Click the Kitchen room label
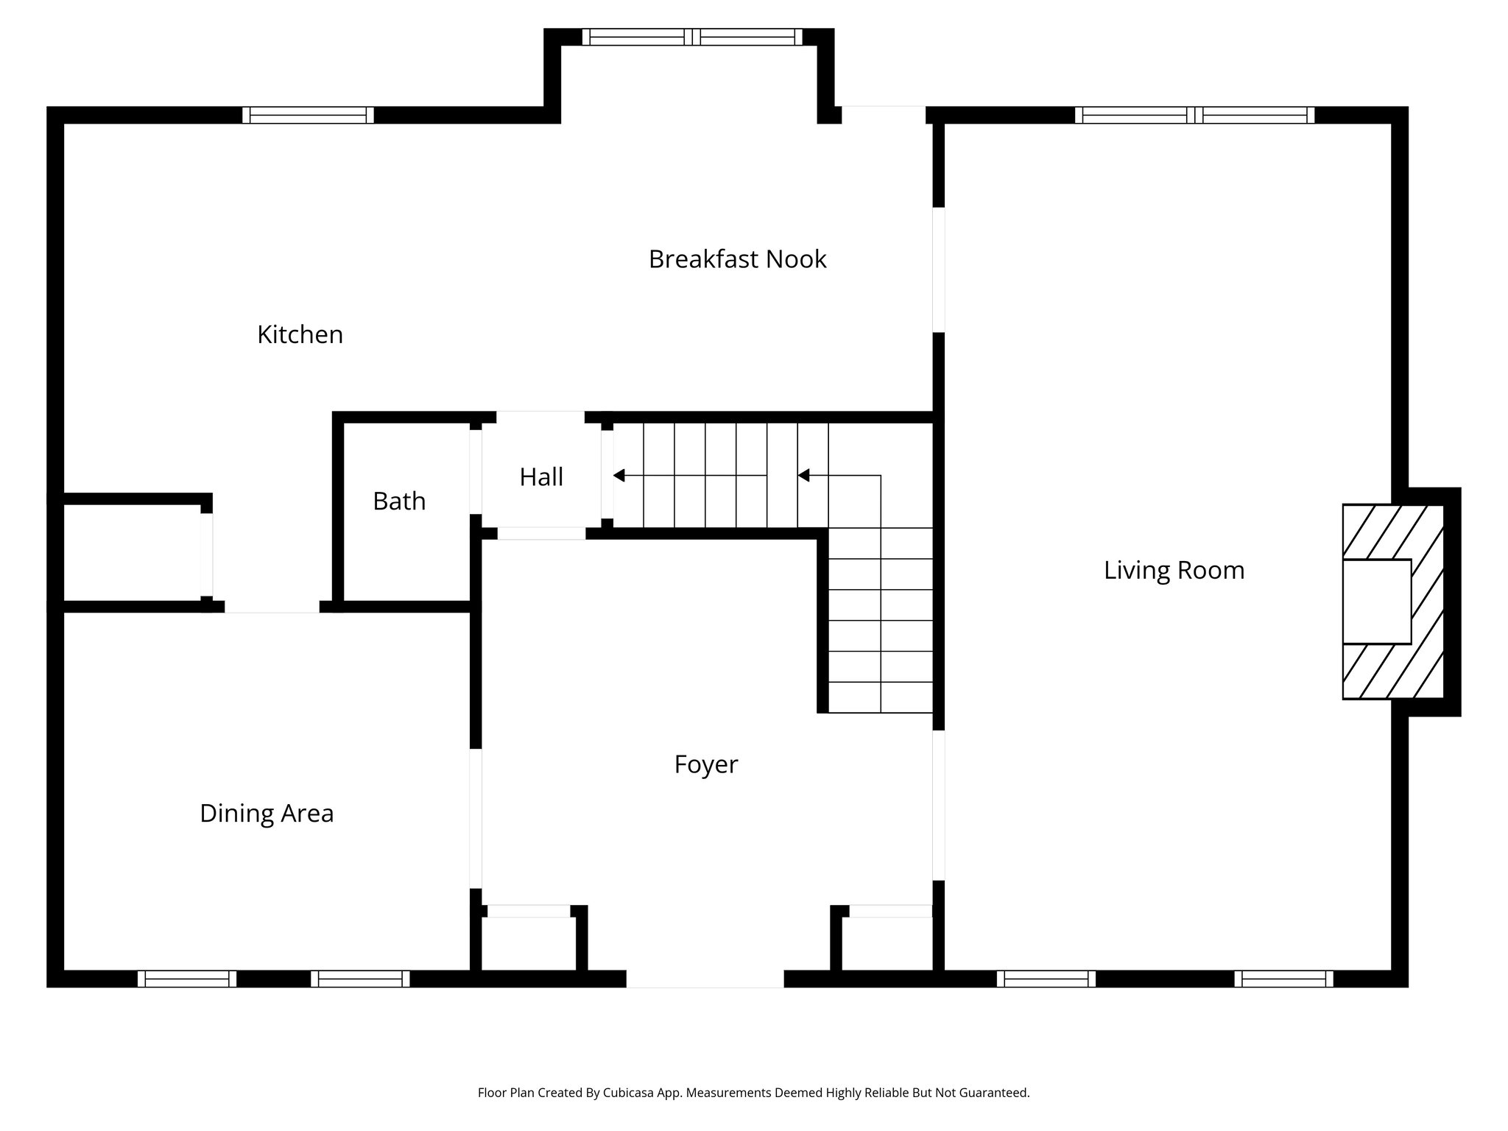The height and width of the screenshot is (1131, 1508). pos(300,335)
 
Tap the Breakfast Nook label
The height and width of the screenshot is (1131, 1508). pos(737,259)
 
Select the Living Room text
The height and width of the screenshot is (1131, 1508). pos(1174,571)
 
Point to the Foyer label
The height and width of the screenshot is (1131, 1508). pos(705,764)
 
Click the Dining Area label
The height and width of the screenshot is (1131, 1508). pos(267,814)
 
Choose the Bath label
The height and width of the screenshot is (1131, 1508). pos(399,501)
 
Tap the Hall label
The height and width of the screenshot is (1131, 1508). pos(541,477)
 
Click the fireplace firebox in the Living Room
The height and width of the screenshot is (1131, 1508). pos(1376,602)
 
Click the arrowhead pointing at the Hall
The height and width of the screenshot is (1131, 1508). pos(619,476)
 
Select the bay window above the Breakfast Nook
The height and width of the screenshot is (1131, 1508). pos(692,37)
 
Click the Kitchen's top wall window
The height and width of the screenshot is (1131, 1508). pos(308,115)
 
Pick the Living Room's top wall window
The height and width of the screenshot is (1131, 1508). pos(1194,115)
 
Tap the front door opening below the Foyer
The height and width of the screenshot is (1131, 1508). pos(705,979)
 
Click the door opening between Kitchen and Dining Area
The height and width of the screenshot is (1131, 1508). pos(272,607)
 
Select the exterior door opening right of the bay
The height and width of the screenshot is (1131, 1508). pos(883,115)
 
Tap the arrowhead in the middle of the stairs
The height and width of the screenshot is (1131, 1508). pos(804,476)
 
